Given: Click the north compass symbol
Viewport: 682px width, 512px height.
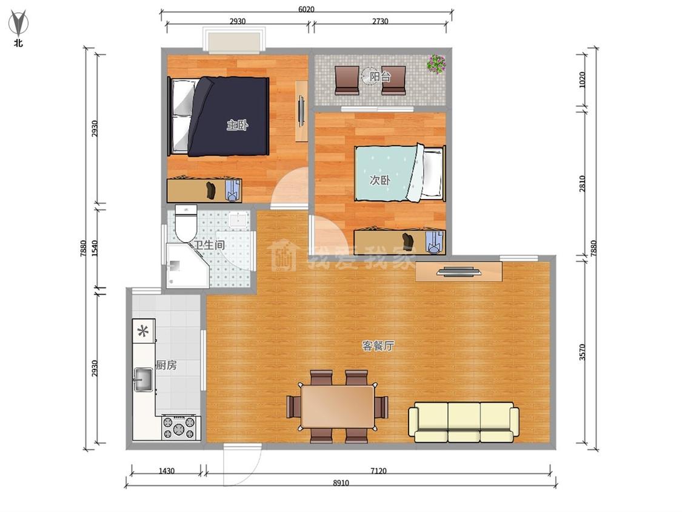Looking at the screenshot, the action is tap(18, 25).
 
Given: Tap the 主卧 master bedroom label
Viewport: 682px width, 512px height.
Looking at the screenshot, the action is tap(237, 126).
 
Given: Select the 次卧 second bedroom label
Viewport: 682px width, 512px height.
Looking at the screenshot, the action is tap(379, 180).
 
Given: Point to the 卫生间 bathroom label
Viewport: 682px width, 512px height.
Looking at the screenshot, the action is tap(209, 244).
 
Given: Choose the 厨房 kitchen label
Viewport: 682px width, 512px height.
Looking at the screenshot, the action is tap(166, 365).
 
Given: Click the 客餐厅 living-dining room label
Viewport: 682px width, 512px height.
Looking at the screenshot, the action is tap(378, 346).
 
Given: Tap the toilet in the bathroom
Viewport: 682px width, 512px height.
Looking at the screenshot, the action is tap(186, 223).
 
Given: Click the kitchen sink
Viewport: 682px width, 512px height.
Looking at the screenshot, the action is tap(144, 380).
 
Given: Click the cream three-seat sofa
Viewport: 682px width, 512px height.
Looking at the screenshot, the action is tap(464, 422).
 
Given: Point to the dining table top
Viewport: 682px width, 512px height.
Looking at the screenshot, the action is tap(338, 407).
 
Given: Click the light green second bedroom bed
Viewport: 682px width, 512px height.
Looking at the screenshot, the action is tap(400, 173).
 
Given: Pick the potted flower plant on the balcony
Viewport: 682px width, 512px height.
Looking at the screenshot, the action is tap(436, 64).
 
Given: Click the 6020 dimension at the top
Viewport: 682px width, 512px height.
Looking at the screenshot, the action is tap(306, 9).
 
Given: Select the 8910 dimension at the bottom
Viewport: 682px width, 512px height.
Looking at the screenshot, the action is tap(341, 482).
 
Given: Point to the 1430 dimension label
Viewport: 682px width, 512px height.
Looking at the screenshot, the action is tap(167, 471).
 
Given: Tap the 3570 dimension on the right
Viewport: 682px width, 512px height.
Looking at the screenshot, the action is tap(583, 352).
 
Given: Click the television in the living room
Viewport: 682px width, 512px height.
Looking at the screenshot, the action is tap(459, 272).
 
